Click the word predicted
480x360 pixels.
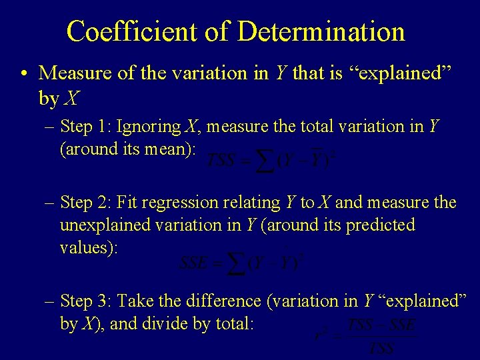[x=378, y=225]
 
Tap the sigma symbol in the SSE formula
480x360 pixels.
[x=234, y=262]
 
